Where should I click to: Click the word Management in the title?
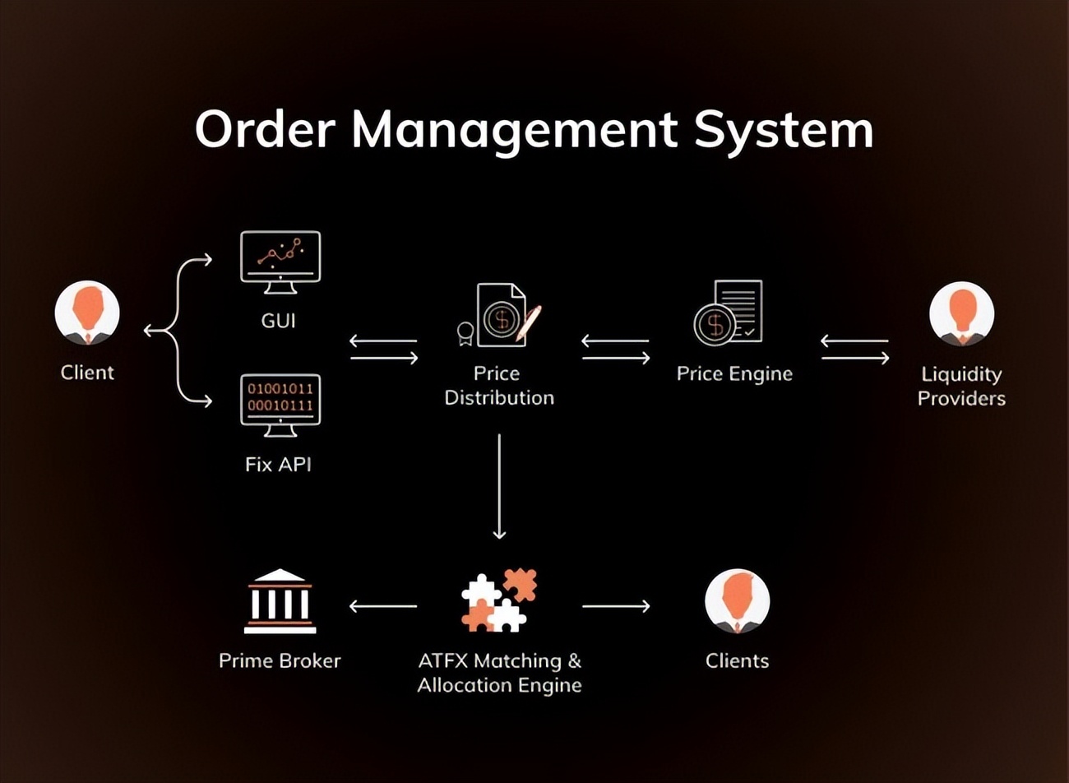pyautogui.click(x=514, y=131)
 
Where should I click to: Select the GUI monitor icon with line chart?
pyautogui.click(x=280, y=262)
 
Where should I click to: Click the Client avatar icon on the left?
pyautogui.click(x=87, y=313)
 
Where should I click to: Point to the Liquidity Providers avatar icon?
pyautogui.click(x=961, y=314)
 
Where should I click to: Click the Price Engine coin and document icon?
pyautogui.click(x=729, y=313)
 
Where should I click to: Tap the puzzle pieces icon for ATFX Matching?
pyautogui.click(x=499, y=601)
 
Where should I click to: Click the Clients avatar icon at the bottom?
pyautogui.click(x=737, y=601)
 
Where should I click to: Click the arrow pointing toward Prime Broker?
pyautogui.click(x=382, y=606)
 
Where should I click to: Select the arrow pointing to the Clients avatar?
pyautogui.click(x=616, y=606)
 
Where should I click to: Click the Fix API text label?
pyautogui.click(x=278, y=465)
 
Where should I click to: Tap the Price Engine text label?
pyautogui.click(x=734, y=373)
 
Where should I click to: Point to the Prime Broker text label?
pyautogui.click(x=280, y=660)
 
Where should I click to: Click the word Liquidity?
pyautogui.click(x=961, y=374)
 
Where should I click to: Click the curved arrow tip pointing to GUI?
pyautogui.click(x=206, y=260)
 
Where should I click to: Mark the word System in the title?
pyautogui.click(x=784, y=131)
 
